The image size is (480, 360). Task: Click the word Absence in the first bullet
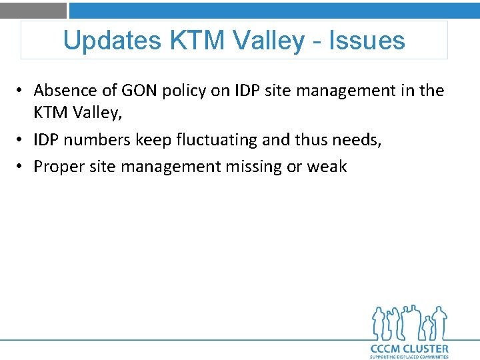[62, 90]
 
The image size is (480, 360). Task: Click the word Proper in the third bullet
[56, 167]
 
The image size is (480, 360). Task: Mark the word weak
[327, 167]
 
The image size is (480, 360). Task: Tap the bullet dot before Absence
[23, 91]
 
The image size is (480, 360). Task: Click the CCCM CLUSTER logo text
[409, 348]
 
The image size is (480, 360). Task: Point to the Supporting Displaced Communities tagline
[409, 357]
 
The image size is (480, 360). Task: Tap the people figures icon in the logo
[409, 323]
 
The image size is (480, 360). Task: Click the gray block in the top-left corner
[33, 10]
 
